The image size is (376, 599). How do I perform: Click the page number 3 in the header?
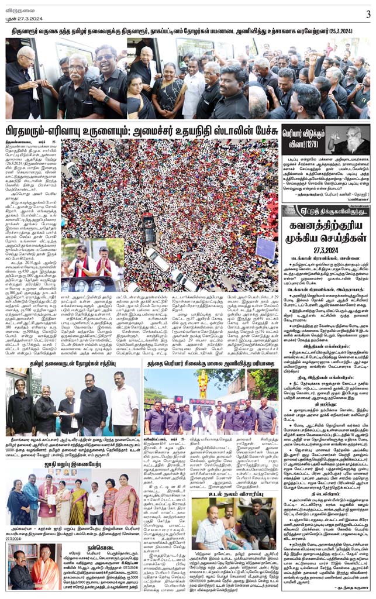[368, 15]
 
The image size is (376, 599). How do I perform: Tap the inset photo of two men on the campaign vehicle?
[92, 263]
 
